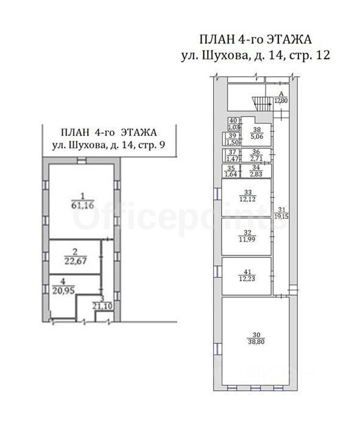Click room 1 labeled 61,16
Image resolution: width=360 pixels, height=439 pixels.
[82, 201]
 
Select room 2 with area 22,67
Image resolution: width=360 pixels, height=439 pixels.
[75, 257]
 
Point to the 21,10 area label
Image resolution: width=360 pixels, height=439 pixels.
[102, 306]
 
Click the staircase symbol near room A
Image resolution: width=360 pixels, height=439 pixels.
[263, 104]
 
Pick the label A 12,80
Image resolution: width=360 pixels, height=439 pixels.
[281, 98]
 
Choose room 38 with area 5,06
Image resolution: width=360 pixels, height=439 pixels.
[256, 133]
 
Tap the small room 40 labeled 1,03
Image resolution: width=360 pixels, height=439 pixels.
[233, 123]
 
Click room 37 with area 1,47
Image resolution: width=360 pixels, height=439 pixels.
[231, 155]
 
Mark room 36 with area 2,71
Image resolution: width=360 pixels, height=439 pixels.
[256, 155]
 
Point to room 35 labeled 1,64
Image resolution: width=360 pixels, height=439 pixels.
[231, 171]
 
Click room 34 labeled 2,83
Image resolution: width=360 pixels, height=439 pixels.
[256, 171]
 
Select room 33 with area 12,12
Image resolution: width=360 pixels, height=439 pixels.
[247, 197]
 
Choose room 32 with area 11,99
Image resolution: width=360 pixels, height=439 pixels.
[247, 237]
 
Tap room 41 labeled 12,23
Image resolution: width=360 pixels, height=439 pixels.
[247, 276]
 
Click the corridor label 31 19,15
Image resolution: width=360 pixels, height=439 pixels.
[283, 213]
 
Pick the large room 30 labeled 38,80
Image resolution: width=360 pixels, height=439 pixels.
[256, 338]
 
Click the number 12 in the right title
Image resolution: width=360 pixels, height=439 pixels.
[323, 55]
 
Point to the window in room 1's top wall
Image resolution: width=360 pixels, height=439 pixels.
[81, 160]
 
